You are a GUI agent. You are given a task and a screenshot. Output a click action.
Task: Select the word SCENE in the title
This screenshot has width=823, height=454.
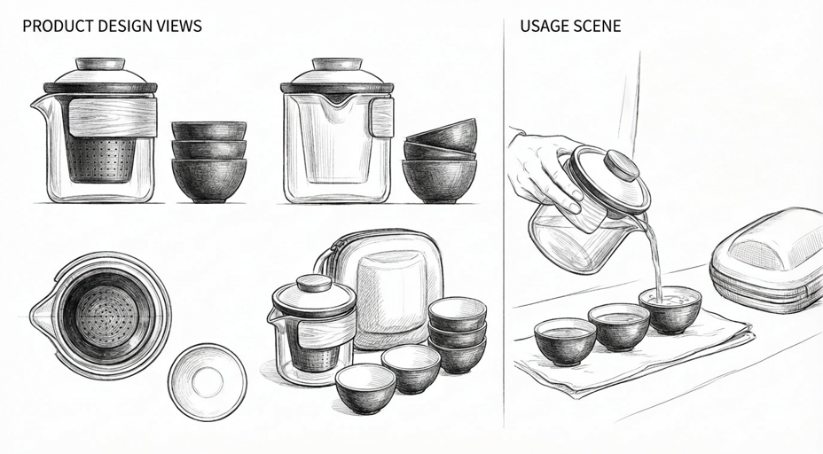(596, 26)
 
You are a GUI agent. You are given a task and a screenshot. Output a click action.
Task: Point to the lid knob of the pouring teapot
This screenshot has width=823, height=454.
(623, 167)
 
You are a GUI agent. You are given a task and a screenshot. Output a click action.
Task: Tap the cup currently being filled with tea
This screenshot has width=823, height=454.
(670, 309)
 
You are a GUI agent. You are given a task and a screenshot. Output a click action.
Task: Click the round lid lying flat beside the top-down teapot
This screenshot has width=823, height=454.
(208, 382)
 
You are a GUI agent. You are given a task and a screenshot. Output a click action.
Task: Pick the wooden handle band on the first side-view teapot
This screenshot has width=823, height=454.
(113, 118)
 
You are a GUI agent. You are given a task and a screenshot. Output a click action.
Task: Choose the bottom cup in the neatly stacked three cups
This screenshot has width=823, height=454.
(209, 181)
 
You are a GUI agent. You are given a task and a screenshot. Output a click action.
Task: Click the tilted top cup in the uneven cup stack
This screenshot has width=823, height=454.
(443, 136)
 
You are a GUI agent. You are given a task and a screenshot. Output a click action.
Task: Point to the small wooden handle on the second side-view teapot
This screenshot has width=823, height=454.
(381, 118)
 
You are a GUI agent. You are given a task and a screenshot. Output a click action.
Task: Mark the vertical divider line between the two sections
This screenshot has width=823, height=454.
(504, 223)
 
